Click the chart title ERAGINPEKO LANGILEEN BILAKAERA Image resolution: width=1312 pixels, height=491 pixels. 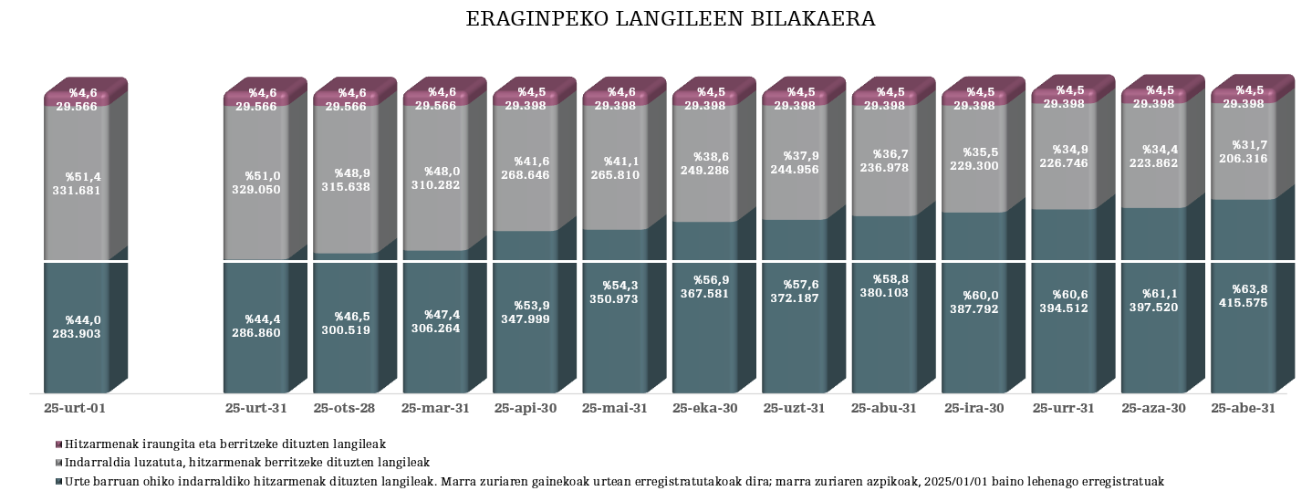click(671, 19)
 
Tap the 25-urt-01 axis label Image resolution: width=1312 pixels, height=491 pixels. click(81, 408)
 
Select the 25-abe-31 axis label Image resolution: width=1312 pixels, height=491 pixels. click(1242, 408)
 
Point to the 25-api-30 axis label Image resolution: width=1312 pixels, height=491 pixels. click(525, 408)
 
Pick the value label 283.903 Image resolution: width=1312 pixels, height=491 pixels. click(77, 334)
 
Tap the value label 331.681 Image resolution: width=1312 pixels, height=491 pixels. click(77, 190)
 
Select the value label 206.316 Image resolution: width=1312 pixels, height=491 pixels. click(1242, 159)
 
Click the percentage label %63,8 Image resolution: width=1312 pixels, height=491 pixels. click(1248, 288)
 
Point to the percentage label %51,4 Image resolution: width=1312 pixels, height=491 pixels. click(82, 176)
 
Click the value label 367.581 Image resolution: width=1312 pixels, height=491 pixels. click(705, 294)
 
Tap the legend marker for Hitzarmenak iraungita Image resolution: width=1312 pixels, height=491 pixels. click(59, 444)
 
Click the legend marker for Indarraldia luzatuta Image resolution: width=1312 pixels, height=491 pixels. click(59, 463)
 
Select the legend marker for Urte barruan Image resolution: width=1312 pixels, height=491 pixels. click(59, 482)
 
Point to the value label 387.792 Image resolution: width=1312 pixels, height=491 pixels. click(974, 309)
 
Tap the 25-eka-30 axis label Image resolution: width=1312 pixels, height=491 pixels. click(704, 408)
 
